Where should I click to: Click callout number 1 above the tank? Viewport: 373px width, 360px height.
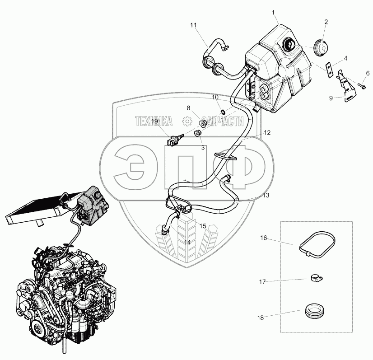click(x=274, y=12)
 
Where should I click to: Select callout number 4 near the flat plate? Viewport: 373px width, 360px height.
click(x=345, y=58)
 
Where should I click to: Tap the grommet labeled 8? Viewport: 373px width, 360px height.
click(x=204, y=123)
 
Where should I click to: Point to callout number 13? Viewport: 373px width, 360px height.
click(x=266, y=195)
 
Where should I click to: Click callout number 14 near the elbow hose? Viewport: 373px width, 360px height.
click(x=187, y=242)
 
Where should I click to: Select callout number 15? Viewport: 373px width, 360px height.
click(x=203, y=225)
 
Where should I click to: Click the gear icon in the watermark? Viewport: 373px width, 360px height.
click(x=186, y=122)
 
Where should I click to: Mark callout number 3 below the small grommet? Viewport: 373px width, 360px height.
click(x=203, y=147)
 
